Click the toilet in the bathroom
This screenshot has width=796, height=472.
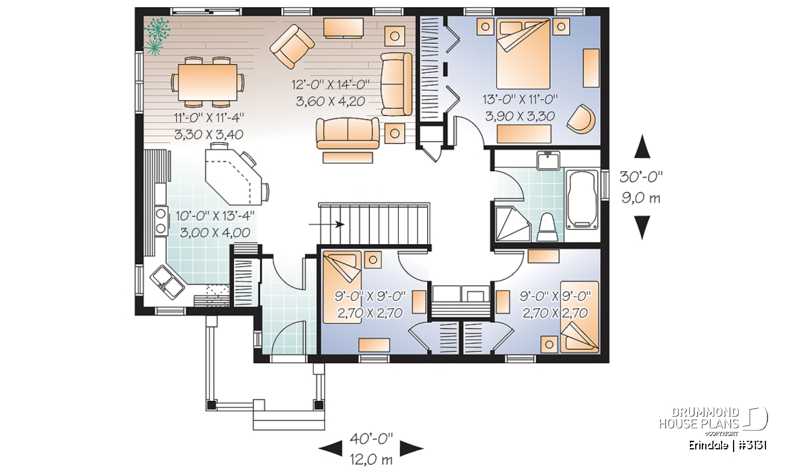click(x=547, y=227)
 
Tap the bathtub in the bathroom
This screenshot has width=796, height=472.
click(x=583, y=200)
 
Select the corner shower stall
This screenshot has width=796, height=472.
click(x=513, y=224)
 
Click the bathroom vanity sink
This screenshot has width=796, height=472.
click(x=549, y=161)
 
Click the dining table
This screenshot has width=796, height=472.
click(x=208, y=82)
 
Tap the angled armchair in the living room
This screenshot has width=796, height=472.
click(x=292, y=46)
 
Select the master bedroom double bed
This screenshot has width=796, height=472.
click(x=523, y=53)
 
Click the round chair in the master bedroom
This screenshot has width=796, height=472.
click(x=581, y=119)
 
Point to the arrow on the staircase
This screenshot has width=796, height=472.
click(x=326, y=224)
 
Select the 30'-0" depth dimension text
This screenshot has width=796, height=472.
click(x=641, y=177)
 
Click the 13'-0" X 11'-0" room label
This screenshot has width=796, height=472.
click(x=520, y=98)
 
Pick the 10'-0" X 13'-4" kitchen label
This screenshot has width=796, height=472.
click(x=216, y=216)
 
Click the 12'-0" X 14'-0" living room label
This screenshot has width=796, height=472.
click(x=330, y=85)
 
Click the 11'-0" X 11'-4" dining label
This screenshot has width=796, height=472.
click(x=209, y=117)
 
